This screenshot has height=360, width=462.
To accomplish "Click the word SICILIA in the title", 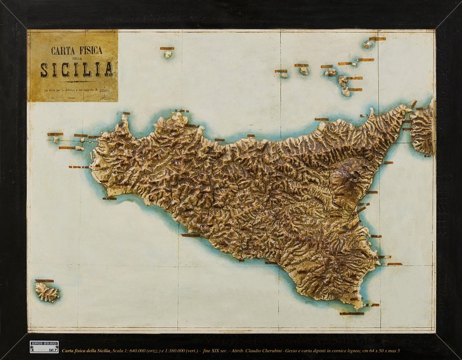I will (76, 69).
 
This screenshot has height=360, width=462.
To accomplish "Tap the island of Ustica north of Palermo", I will (167, 54).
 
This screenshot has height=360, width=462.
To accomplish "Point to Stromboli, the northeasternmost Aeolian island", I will (367, 44).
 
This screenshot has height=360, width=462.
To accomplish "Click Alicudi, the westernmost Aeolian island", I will (282, 75).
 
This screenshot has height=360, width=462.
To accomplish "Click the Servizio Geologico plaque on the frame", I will (44, 347).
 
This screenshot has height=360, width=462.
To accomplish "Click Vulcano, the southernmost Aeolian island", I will (346, 92).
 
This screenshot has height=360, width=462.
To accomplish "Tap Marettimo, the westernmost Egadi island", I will (55, 139).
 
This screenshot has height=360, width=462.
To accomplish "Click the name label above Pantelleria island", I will (44, 281).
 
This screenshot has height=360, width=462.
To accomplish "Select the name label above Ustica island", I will (167, 48).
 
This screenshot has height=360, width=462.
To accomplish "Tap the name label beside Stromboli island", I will (377, 38).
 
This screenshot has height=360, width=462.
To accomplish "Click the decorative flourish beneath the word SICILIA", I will (76, 81).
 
